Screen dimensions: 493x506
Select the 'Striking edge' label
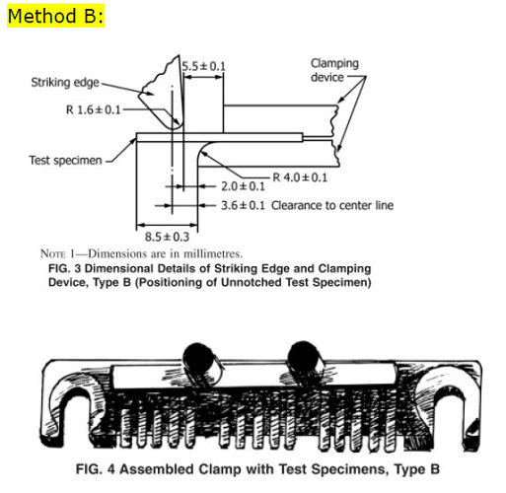click(65, 83)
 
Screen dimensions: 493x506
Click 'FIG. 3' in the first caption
click(65, 267)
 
